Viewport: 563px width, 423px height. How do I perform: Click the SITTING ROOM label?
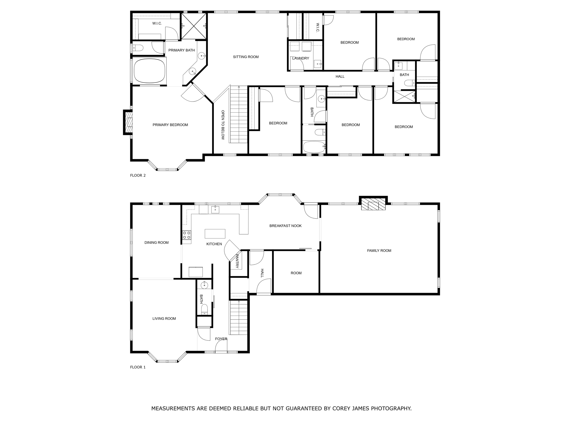[245, 57]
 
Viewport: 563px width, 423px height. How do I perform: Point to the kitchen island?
[215, 234]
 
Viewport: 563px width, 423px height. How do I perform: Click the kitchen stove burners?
[187, 235]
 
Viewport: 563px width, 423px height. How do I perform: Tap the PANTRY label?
[237, 261]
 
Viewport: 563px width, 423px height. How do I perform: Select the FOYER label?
[221, 339]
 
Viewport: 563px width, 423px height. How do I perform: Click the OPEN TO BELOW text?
[223, 125]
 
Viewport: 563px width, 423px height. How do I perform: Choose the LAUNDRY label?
[300, 58]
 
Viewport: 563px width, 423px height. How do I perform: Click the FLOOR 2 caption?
[138, 175]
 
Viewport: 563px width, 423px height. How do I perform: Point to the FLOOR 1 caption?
[138, 367]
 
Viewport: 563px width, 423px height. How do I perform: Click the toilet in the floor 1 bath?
[204, 309]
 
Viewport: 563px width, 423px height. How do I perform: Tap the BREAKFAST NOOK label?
[285, 226]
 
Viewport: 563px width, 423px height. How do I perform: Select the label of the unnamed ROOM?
[296, 273]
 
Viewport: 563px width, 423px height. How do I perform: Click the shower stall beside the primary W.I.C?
[194, 26]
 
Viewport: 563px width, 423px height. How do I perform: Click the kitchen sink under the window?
[215, 209]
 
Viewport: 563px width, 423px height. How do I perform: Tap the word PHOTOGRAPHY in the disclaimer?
[391, 408]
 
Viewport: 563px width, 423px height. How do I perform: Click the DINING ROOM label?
[156, 243]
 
